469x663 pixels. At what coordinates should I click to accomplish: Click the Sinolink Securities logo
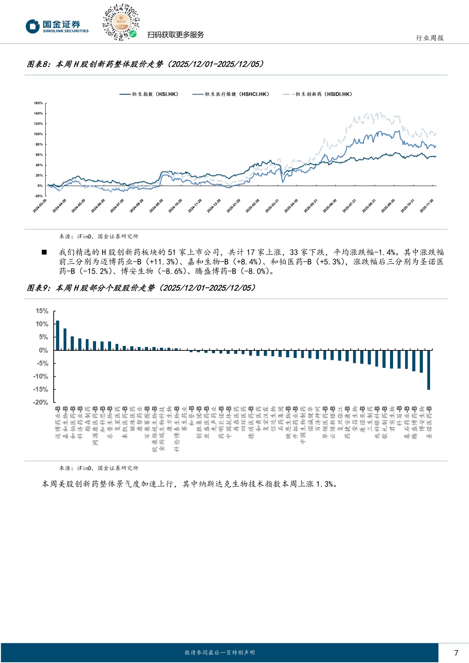57,26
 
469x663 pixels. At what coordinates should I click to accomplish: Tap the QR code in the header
121,22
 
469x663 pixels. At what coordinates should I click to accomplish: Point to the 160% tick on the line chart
38,103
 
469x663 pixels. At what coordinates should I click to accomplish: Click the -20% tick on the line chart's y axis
38,196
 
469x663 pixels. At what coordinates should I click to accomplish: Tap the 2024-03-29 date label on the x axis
40,206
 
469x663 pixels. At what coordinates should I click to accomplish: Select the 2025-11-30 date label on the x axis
427,206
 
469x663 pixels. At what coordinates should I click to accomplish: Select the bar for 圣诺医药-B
429,370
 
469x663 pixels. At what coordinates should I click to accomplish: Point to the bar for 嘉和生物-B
65,339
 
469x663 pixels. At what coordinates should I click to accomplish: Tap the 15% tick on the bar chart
42,311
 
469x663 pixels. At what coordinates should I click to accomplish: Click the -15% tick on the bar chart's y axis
40,389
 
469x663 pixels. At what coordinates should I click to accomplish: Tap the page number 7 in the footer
456,653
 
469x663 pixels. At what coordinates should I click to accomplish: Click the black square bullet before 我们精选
44,252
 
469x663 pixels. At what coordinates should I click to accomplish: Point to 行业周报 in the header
430,38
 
